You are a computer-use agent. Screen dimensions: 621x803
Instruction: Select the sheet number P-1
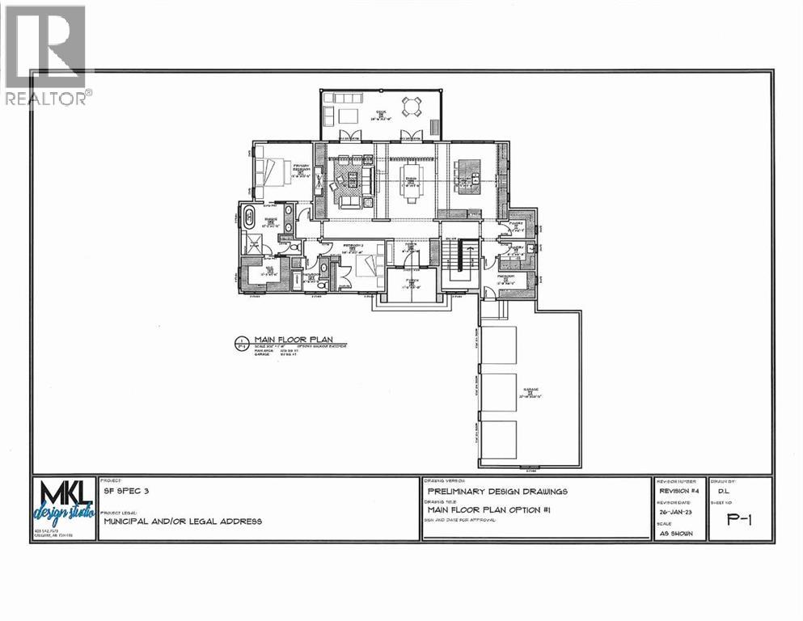[x=739, y=520]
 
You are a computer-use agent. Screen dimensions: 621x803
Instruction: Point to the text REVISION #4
[x=678, y=491]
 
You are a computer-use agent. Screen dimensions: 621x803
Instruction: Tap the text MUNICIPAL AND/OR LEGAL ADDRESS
[x=182, y=522]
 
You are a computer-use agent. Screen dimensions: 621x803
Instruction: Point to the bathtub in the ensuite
[x=248, y=218]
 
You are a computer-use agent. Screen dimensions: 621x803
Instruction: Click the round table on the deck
[x=412, y=105]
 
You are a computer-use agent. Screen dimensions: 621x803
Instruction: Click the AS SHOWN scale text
[x=676, y=534]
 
